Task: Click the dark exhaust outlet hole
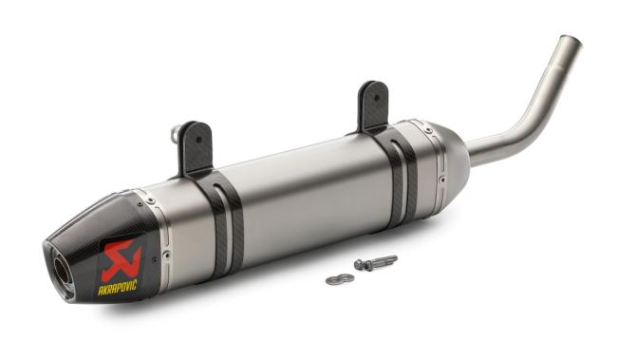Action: click(x=59, y=273)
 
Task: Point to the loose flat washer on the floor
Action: click(x=339, y=279)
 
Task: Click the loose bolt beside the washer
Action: click(x=376, y=262)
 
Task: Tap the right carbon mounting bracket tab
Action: click(x=373, y=104)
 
